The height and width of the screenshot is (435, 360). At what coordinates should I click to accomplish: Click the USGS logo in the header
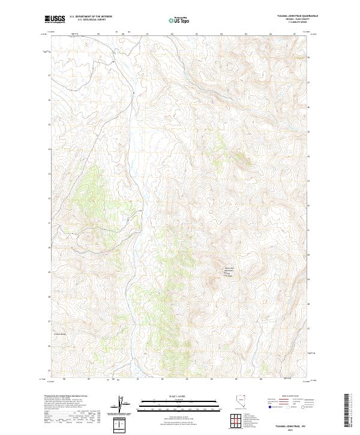click(x=55, y=19)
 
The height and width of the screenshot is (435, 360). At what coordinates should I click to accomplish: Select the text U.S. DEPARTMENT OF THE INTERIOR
click(x=91, y=17)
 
